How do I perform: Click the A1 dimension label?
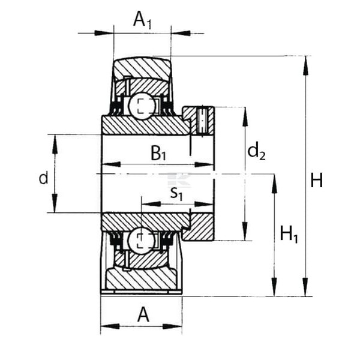tap(142, 20)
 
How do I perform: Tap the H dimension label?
tap(316, 181)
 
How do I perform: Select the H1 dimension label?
tap(289, 235)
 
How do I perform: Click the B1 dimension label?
tap(158, 154)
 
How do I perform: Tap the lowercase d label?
tap(43, 178)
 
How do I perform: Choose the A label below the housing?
tap(143, 315)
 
